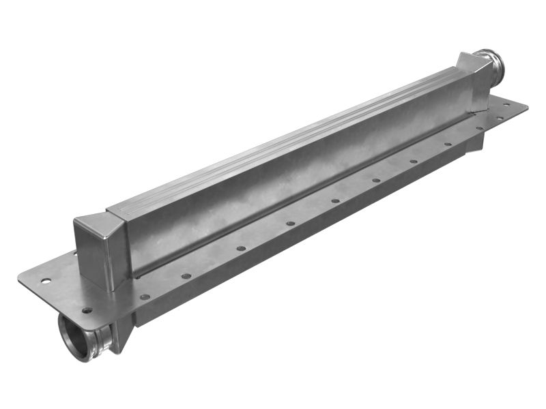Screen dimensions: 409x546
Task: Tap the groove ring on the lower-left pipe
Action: coord(103,338)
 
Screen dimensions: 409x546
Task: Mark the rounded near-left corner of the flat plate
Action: coord(22,279)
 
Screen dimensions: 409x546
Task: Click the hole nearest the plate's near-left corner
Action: coord(46,280)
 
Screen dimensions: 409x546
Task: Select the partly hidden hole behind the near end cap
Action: coord(76,254)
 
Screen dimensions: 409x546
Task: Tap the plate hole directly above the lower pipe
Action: coord(87,310)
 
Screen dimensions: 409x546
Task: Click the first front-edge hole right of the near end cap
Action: coord(145,297)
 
